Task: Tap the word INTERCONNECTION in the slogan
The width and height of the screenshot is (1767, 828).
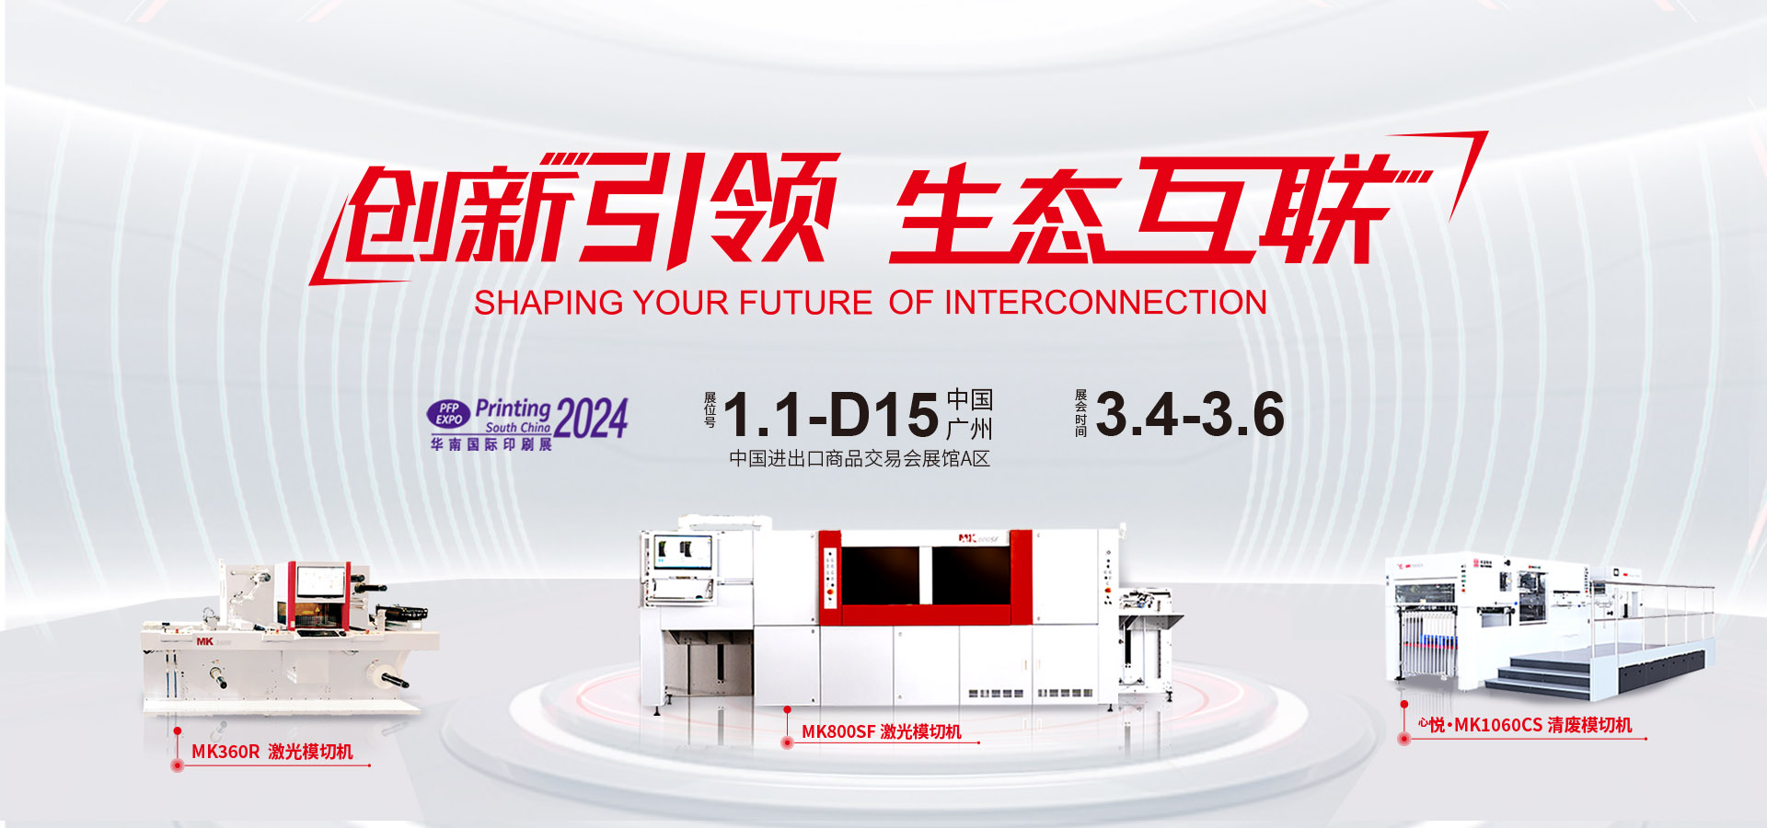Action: coord(1105,303)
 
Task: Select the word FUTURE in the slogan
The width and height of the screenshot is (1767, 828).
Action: coord(805,303)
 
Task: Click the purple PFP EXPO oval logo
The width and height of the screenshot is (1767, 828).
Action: coord(449,414)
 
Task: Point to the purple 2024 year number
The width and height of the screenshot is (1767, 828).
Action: coord(592,419)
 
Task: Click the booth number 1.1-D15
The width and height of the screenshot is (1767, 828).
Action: coord(831,415)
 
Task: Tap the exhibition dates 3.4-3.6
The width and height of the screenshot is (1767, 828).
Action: coord(1190,414)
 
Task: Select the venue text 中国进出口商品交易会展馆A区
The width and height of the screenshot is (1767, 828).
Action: coord(860,458)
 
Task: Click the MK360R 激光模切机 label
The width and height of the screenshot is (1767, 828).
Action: coord(271,752)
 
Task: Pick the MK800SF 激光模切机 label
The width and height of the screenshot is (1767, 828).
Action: coord(881,731)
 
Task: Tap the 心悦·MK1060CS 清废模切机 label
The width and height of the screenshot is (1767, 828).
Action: coord(1525,725)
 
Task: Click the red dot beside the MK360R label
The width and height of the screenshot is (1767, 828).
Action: coord(178,765)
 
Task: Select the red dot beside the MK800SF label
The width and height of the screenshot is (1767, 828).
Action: coord(787,742)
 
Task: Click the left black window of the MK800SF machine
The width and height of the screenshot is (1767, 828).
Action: coord(880,575)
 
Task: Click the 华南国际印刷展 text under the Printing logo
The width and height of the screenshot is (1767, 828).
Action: coord(491,444)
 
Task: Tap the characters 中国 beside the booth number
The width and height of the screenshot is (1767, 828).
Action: coord(969,399)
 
